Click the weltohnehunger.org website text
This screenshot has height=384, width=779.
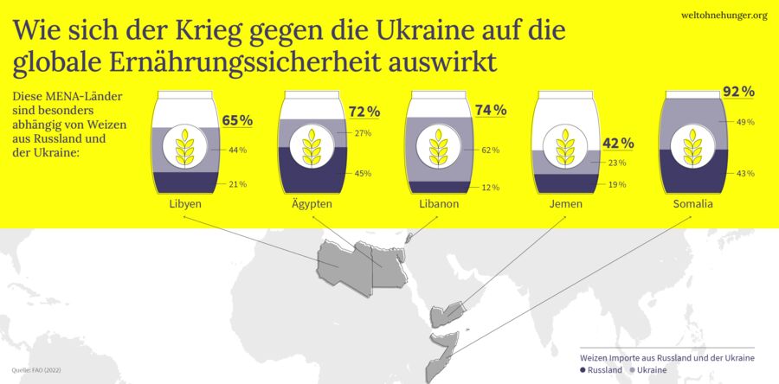(724, 15)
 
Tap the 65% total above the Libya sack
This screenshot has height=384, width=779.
(237, 121)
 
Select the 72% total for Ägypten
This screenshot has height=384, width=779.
(364, 112)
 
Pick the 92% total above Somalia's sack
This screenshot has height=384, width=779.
(738, 92)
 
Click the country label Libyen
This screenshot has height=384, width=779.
(186, 204)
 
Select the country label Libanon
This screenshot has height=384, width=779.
(439, 204)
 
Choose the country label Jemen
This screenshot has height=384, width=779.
(565, 204)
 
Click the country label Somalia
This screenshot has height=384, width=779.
(692, 204)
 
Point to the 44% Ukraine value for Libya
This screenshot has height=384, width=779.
(238, 150)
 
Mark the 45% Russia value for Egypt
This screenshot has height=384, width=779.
(364, 174)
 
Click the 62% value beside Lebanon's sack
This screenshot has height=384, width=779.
(491, 150)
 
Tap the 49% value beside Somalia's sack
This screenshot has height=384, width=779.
(744, 123)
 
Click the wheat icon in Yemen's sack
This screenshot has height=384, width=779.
(566, 146)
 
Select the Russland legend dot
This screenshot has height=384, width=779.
(583, 370)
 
